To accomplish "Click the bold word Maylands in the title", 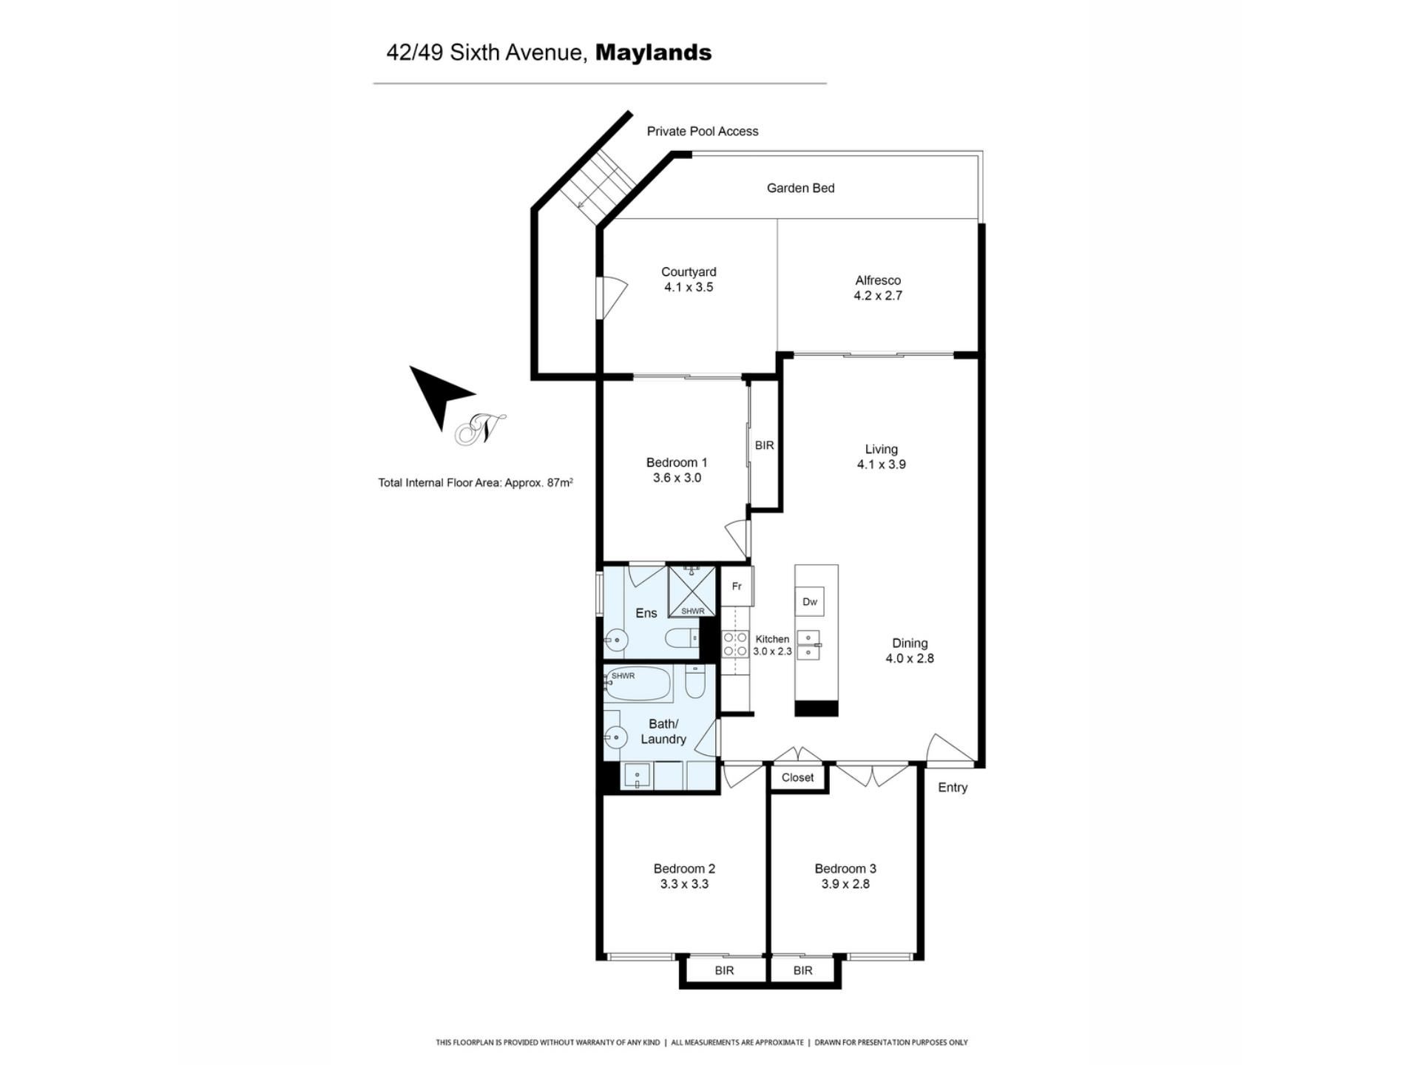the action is tap(653, 53).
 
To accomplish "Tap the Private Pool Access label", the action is tap(703, 132).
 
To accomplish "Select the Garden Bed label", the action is tap(800, 189).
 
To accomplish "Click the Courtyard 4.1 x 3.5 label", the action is tap(689, 280).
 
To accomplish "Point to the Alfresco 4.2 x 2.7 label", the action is tap(878, 288).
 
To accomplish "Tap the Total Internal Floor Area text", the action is tap(476, 483).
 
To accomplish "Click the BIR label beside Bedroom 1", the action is tap(764, 445).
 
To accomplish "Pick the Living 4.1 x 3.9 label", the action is tap(881, 456).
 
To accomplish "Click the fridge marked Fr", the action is tap(737, 586).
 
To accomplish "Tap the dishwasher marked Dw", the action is tap(810, 602).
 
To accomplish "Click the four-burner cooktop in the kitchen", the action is tap(735, 644).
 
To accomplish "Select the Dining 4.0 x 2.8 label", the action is tap(910, 651).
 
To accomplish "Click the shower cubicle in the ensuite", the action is tap(692, 591).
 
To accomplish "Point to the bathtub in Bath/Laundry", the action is tap(638, 684).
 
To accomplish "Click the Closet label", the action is tap(797, 777).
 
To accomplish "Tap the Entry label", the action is tap(953, 788).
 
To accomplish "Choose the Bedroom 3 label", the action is tap(845, 876).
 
